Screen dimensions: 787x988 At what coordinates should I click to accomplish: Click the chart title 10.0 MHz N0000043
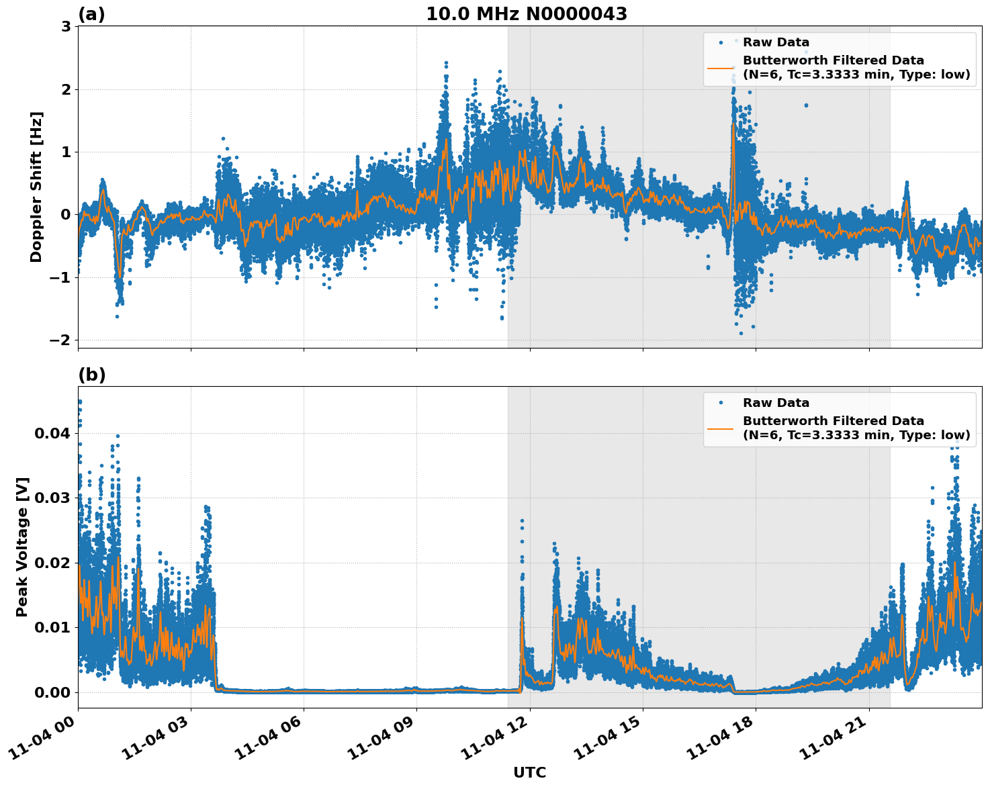[x=526, y=14]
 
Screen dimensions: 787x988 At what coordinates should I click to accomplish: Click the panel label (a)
[x=91, y=14]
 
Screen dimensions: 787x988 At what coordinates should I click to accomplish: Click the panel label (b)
[x=91, y=375]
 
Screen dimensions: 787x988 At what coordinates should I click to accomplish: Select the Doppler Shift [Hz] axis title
[x=36, y=187]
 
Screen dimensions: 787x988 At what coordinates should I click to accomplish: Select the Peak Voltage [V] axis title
[x=22, y=547]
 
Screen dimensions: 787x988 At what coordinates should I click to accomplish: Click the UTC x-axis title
[x=529, y=772]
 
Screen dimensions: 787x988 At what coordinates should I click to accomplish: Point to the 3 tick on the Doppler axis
[x=66, y=27]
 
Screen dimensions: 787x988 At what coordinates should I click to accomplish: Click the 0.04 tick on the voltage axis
[x=52, y=433]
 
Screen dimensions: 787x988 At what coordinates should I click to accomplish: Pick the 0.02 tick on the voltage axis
[x=52, y=563]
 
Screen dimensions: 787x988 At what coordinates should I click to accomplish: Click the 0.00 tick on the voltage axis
[x=52, y=692]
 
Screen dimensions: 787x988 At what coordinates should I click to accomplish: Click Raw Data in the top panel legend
[x=776, y=42]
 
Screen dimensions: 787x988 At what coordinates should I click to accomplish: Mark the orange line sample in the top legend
[x=721, y=68]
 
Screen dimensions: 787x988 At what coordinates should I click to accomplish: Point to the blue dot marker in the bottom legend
[x=721, y=403]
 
